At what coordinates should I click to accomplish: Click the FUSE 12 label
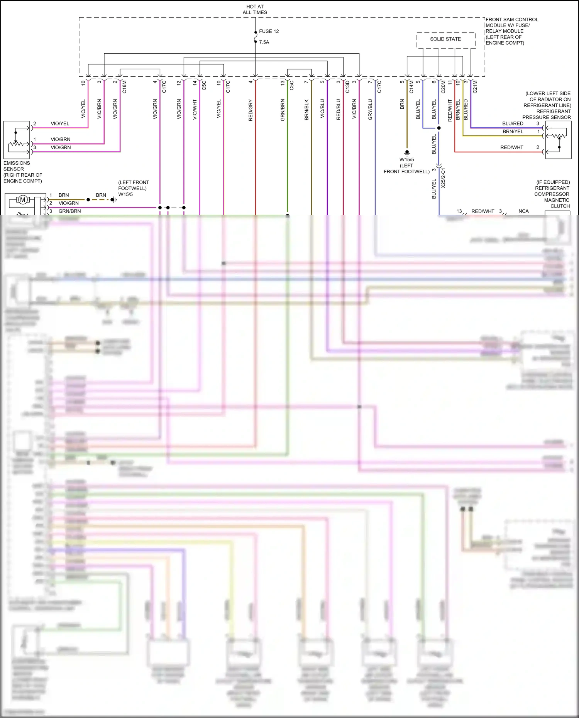[x=269, y=31]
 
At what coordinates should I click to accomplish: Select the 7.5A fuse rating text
[x=264, y=42]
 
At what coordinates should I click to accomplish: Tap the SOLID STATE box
[x=445, y=39]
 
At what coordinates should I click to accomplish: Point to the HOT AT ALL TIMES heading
[x=255, y=10]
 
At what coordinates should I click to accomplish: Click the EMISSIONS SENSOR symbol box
[x=17, y=140]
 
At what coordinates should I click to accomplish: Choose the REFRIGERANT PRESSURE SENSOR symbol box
[x=558, y=140]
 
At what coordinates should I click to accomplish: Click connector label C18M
[x=124, y=87]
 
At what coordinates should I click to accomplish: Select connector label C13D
[x=347, y=87]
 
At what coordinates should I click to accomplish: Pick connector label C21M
[x=475, y=87]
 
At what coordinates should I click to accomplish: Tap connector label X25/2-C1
[x=443, y=178]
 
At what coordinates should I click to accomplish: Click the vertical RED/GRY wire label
[x=251, y=110]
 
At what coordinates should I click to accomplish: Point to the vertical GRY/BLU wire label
[x=370, y=110]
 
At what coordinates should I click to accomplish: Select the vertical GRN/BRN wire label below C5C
[x=283, y=110]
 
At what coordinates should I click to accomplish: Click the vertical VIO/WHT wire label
[x=195, y=110]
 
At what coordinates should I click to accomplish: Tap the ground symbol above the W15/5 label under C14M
[x=407, y=153]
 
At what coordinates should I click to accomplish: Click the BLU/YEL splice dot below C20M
[x=439, y=128]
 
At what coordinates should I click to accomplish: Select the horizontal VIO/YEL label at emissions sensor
[x=60, y=124]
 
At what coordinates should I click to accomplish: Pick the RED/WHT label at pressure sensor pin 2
[x=511, y=147]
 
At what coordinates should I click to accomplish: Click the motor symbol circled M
[x=22, y=199]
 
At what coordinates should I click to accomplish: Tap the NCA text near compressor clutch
[x=523, y=211]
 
